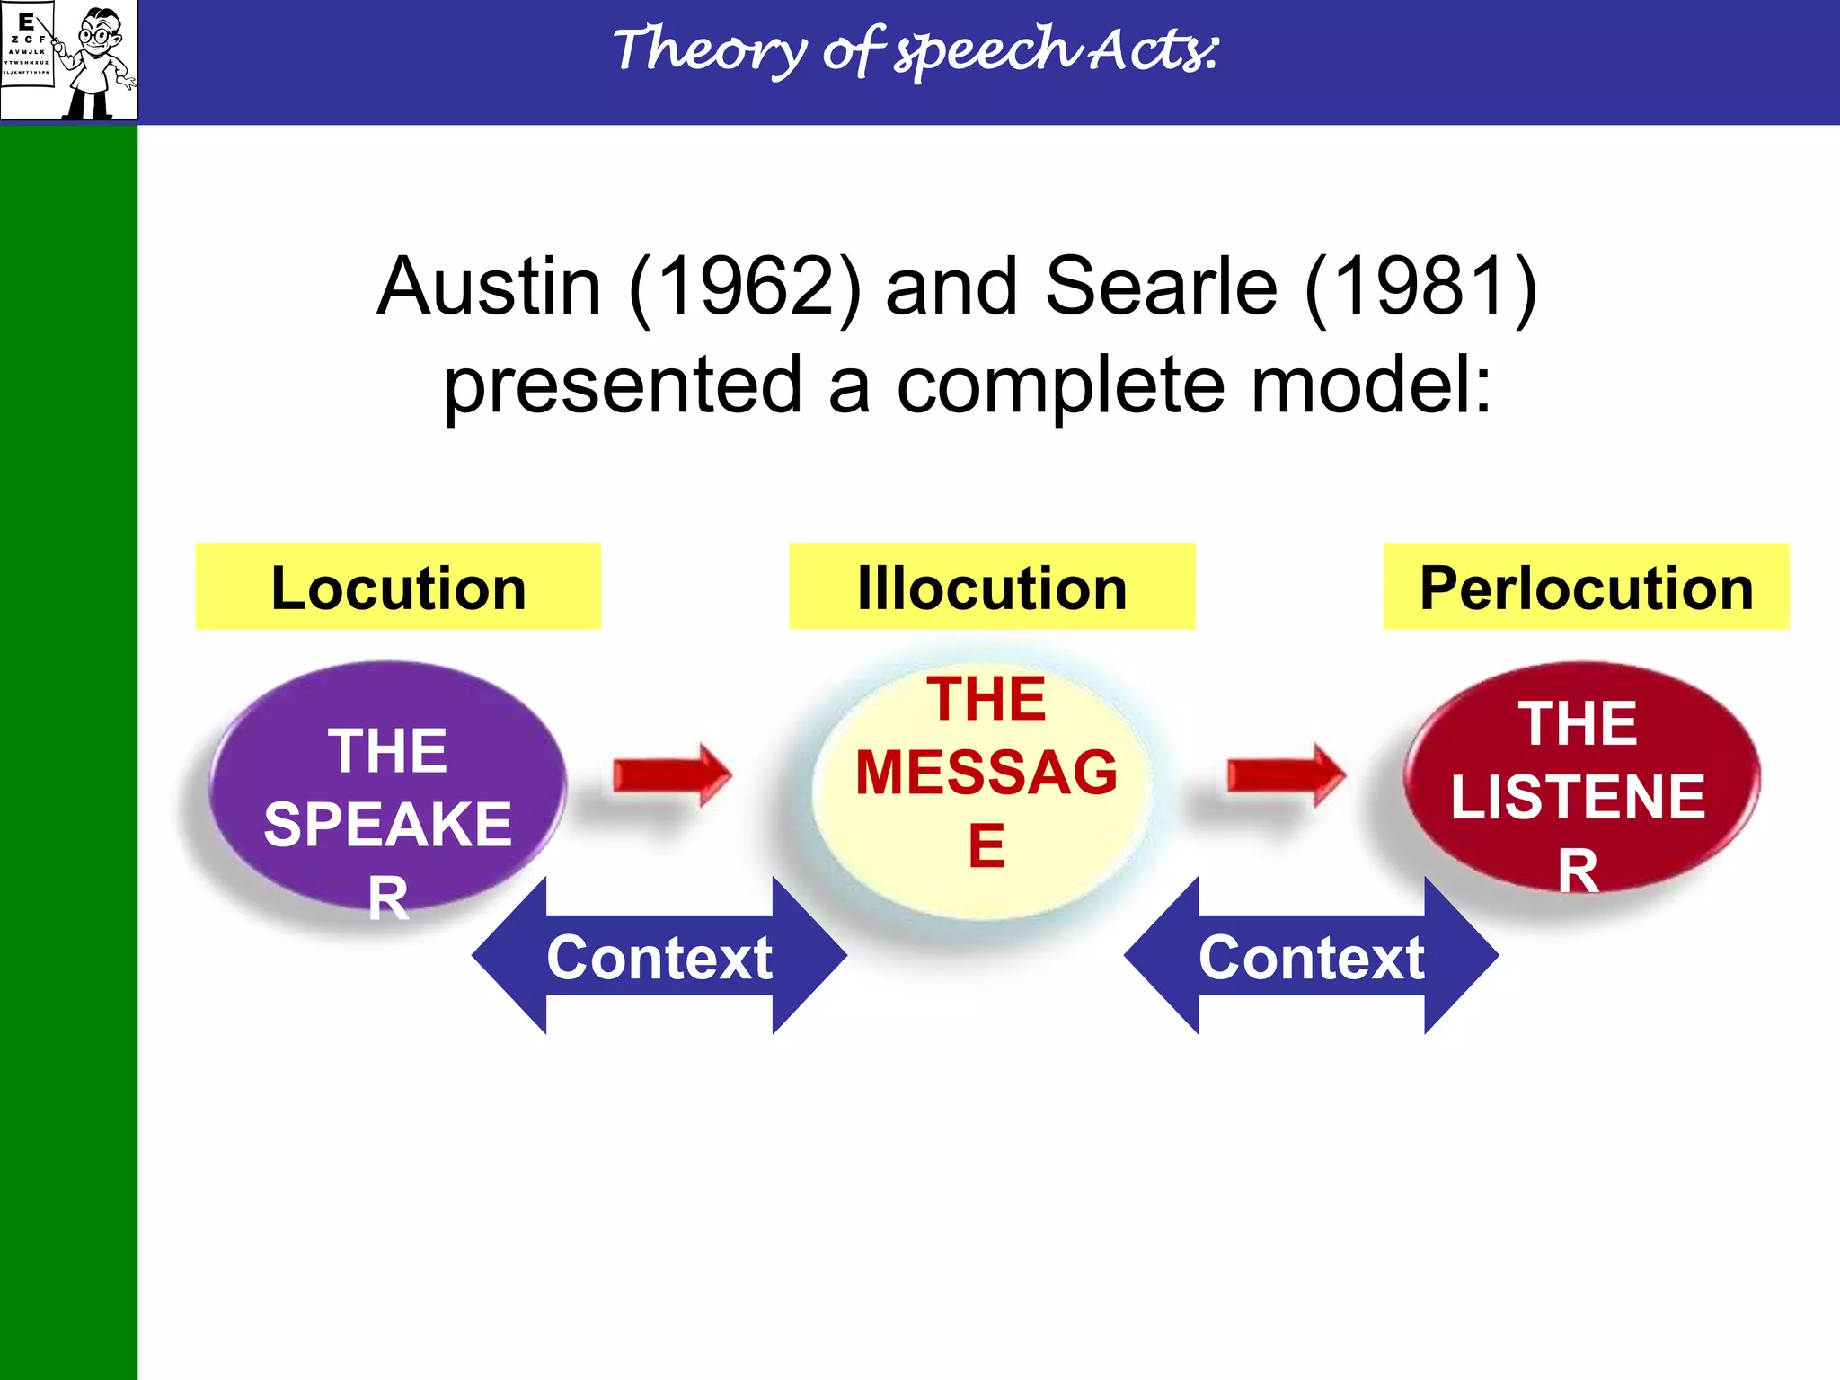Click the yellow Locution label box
(x=398, y=587)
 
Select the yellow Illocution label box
(x=992, y=587)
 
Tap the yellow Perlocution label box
(x=1586, y=587)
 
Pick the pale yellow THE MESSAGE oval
(x=985, y=782)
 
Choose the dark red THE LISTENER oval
(x=1579, y=778)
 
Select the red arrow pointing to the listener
(x=1286, y=774)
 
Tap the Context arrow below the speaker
(x=659, y=957)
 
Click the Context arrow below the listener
(x=1311, y=957)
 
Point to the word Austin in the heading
(x=489, y=287)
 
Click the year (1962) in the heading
(x=745, y=287)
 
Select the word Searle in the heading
(x=1161, y=287)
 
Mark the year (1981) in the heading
(x=1420, y=287)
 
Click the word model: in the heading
(x=1372, y=385)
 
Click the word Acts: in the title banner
(x=1154, y=50)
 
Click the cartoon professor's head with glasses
(x=100, y=31)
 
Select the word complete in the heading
(x=1060, y=387)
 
